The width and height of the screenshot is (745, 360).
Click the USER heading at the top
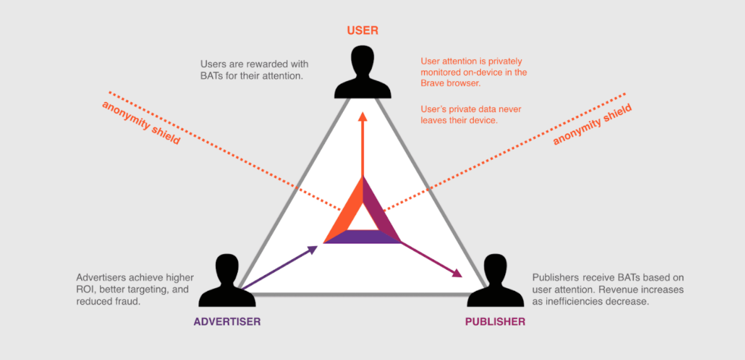[x=362, y=30]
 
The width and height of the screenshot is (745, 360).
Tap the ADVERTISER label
[x=227, y=322]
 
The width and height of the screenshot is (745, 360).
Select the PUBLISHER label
[x=495, y=322]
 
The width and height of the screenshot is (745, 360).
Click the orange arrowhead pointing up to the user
[x=362, y=118]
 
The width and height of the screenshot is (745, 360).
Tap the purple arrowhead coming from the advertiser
[x=313, y=249]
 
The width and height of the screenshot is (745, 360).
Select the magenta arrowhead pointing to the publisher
[x=456, y=273]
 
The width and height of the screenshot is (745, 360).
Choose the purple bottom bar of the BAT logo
[x=362, y=237]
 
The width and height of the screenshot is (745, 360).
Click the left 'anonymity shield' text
[x=141, y=122]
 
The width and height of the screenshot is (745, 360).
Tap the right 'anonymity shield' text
[x=592, y=125]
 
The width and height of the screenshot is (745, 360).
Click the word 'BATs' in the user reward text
[x=211, y=76]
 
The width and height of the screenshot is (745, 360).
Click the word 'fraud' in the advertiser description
[x=126, y=301]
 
